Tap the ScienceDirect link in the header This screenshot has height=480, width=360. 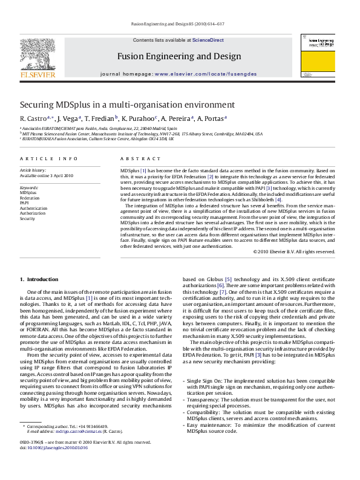209,40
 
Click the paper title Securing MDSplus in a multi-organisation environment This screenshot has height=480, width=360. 119,104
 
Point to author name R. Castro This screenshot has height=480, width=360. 31,118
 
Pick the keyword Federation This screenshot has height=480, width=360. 28,198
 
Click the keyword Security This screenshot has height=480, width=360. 27,218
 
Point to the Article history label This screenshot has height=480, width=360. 30,171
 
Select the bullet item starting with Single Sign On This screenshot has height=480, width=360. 261,384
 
